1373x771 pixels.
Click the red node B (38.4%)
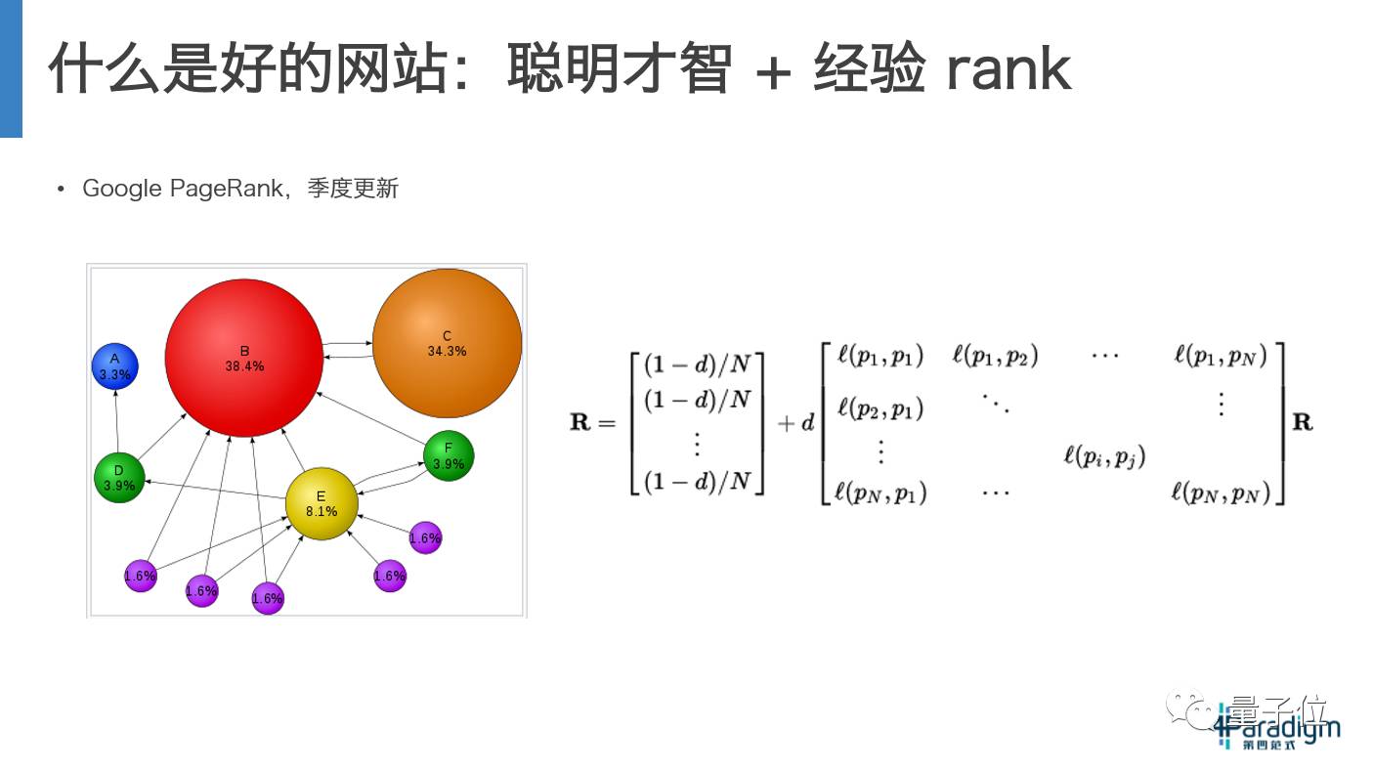pos(244,358)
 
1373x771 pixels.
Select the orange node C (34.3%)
pos(447,343)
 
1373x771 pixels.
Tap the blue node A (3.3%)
pos(114,365)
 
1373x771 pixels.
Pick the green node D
pos(119,478)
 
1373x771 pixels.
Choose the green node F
pos(449,456)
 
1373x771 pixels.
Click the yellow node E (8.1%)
pos(321,503)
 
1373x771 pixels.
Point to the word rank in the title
pos(1008,69)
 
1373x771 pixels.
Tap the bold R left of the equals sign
pos(580,423)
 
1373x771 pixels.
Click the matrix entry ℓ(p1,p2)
pos(995,356)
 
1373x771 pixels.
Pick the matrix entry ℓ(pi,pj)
pos(1104,454)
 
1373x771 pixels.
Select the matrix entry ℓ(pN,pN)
pos(1221,493)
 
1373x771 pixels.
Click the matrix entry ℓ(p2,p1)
pos(880,407)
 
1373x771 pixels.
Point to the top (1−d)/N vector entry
pos(699,364)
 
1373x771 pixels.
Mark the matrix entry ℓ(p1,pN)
pos(1221,356)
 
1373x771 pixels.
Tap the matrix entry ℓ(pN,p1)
pos(880,493)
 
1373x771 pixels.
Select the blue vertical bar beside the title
pos(11,68)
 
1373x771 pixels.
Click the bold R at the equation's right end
pos(1303,423)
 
